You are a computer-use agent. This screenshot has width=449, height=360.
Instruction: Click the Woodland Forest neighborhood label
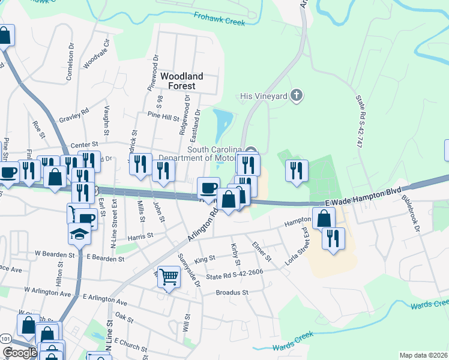point(181,81)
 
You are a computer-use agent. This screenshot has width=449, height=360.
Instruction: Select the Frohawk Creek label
point(220,19)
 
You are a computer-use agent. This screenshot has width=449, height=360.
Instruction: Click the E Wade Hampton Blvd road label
point(363,193)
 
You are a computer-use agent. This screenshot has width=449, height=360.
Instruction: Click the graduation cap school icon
point(79,233)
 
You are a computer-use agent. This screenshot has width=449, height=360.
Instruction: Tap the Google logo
point(20,352)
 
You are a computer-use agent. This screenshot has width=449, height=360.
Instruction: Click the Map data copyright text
point(423,355)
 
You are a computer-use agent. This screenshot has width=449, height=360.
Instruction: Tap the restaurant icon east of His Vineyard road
point(296,170)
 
